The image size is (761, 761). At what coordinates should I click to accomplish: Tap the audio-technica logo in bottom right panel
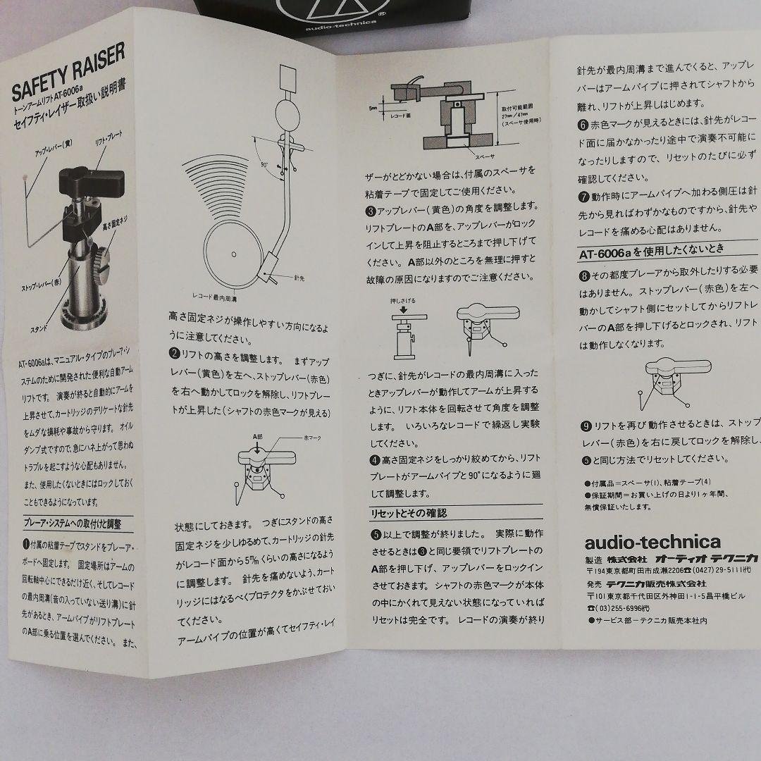pos(643,542)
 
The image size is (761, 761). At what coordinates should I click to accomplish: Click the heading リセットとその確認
pos(408,513)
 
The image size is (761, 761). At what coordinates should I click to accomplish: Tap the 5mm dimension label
pos(371,109)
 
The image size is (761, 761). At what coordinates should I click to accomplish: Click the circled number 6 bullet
pos(582,126)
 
